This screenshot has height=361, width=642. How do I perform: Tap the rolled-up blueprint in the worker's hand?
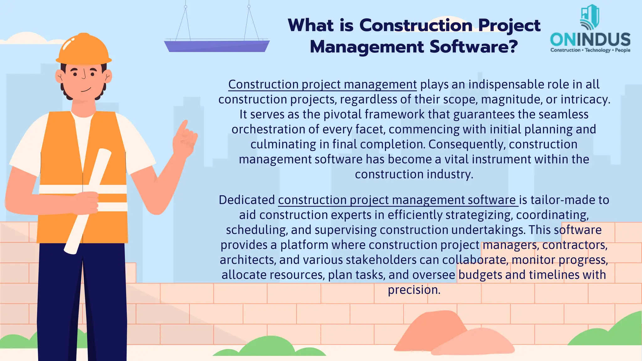[x=87, y=201]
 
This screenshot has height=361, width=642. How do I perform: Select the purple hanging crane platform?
[x=217, y=46]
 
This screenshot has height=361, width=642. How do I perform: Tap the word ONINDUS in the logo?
[x=590, y=40]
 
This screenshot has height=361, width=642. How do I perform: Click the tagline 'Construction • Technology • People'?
[x=590, y=50]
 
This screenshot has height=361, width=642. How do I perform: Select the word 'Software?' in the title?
[x=473, y=47]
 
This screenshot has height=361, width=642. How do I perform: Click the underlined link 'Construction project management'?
[x=322, y=85]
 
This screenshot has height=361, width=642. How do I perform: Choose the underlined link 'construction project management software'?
[x=397, y=200]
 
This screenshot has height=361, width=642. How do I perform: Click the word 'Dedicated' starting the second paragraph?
[x=247, y=200]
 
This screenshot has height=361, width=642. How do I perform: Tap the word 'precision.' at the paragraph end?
[x=414, y=290]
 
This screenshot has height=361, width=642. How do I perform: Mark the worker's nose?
[x=84, y=76]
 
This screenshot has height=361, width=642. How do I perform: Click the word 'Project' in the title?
[x=509, y=25]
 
